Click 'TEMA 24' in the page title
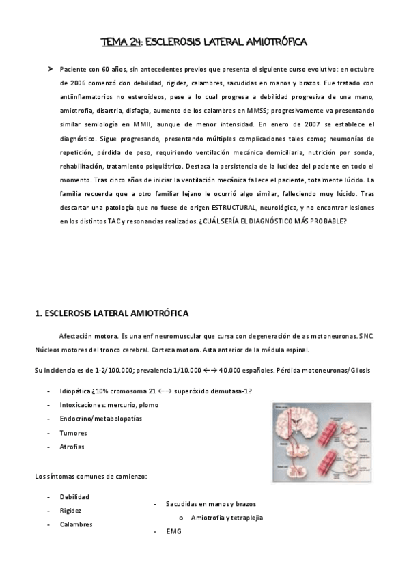[x=120, y=42]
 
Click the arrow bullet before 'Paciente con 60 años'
[x=50, y=69]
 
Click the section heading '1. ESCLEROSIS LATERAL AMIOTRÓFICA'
[x=111, y=313]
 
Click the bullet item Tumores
[x=72, y=433]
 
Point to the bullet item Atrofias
[x=72, y=447]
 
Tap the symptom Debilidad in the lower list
[x=74, y=496]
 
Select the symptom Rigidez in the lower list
[x=72, y=510]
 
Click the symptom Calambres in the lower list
[x=76, y=524]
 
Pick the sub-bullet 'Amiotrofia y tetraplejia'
[x=227, y=517]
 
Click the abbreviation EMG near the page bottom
[x=173, y=531]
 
